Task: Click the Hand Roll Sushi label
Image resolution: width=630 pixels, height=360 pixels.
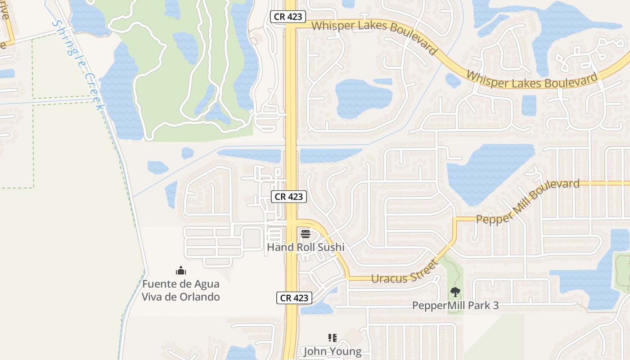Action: tap(306, 247)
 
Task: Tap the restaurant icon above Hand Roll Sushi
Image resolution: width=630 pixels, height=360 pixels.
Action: tap(306, 234)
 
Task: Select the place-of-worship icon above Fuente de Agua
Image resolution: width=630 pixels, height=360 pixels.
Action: tap(181, 270)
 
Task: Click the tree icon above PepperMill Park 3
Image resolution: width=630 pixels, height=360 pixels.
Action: tap(455, 292)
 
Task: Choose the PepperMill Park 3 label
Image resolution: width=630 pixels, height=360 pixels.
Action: tap(455, 306)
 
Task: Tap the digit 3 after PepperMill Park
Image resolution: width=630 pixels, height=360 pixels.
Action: tap(495, 306)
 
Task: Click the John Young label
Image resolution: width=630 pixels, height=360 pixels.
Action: tap(332, 351)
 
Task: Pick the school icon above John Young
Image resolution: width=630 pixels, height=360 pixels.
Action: tap(333, 338)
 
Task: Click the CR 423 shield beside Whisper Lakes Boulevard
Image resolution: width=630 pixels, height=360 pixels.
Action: tap(288, 17)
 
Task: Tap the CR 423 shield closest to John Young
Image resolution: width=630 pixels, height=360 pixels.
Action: tap(294, 298)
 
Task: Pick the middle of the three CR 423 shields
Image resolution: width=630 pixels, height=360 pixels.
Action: tap(289, 197)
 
